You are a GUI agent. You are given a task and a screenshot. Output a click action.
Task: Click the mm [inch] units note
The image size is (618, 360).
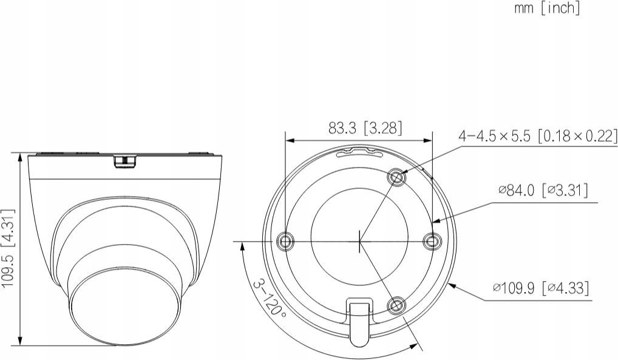pyautogui.click(x=547, y=8)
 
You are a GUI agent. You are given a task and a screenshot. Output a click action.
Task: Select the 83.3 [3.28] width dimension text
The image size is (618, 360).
pyautogui.click(x=365, y=128)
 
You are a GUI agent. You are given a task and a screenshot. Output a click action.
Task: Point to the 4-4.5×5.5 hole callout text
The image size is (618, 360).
pyautogui.click(x=538, y=136)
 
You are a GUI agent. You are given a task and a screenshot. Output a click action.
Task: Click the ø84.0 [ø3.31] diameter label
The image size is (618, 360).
pyautogui.click(x=543, y=191)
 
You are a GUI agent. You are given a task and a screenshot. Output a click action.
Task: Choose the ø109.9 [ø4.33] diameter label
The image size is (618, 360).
pyautogui.click(x=542, y=288)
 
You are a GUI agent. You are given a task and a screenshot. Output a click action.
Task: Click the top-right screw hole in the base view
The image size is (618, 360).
pyautogui.click(x=397, y=178)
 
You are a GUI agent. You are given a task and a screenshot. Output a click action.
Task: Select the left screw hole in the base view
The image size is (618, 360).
pyautogui.click(x=285, y=240)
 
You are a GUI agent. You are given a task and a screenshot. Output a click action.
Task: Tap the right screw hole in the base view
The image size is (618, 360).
pyautogui.click(x=432, y=240)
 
